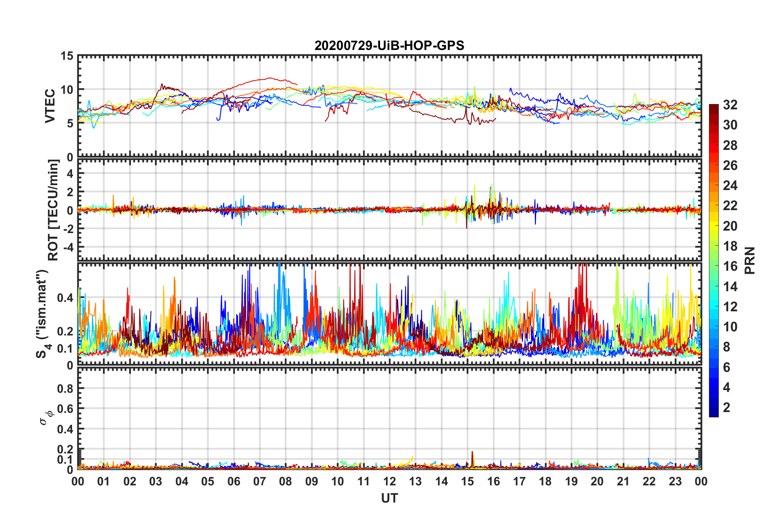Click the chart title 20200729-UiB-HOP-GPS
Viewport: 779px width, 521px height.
click(x=389, y=45)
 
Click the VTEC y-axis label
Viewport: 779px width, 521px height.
click(x=50, y=106)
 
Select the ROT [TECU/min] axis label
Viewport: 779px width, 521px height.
click(x=53, y=210)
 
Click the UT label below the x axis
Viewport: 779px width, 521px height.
click(x=389, y=498)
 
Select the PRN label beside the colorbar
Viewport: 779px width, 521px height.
click(x=750, y=260)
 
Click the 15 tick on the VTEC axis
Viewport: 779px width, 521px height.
click(x=67, y=56)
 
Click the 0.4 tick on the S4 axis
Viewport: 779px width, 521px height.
click(x=66, y=298)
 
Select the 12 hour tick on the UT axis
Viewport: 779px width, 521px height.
click(x=389, y=481)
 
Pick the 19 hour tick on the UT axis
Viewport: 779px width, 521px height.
click(x=571, y=481)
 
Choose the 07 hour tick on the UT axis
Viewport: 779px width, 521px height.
click(x=260, y=481)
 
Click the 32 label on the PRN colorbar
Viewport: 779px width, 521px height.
click(x=730, y=105)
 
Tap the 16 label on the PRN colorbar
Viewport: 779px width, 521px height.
click(x=730, y=266)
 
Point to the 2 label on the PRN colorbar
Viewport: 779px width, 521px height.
click(x=727, y=407)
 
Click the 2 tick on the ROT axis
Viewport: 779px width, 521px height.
click(x=70, y=192)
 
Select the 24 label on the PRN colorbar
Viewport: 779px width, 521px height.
click(x=730, y=186)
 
